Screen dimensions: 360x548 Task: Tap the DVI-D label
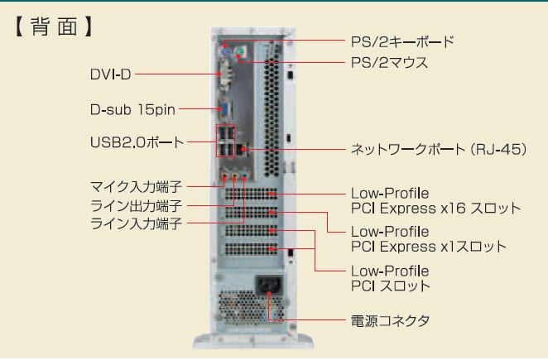point(110,74)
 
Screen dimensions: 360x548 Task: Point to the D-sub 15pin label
point(132,108)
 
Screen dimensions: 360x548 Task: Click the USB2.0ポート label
point(136,142)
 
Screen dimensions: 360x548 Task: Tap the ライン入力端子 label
point(136,223)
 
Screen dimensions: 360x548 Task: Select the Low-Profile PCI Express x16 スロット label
point(435,201)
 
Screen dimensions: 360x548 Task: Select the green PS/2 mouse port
point(238,55)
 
